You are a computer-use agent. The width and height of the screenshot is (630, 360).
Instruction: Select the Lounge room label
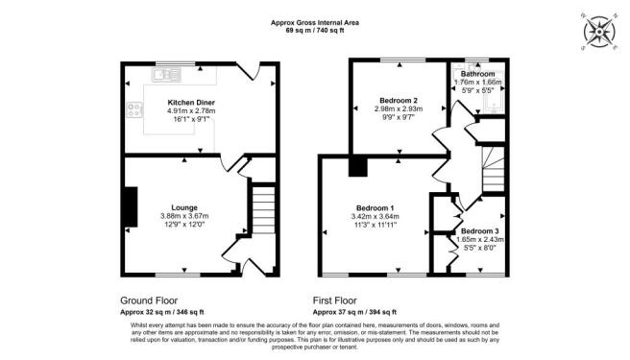[x=184, y=207]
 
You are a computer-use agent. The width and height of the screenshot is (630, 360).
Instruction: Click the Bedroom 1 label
[x=376, y=208]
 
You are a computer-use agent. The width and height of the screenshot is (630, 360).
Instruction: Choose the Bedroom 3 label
[x=479, y=231]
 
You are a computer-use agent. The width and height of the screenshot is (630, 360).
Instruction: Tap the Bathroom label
[x=477, y=74]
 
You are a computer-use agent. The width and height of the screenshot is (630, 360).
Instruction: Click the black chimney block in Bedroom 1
[x=358, y=167]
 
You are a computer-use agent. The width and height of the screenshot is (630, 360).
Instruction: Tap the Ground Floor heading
[x=152, y=299]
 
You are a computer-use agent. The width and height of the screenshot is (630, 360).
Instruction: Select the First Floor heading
[x=340, y=299]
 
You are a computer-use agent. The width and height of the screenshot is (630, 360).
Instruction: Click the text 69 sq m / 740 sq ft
[x=314, y=31]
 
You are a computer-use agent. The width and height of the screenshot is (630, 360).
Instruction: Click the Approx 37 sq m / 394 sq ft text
[x=355, y=312]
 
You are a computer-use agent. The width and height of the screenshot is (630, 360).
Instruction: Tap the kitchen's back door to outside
[x=252, y=70]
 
